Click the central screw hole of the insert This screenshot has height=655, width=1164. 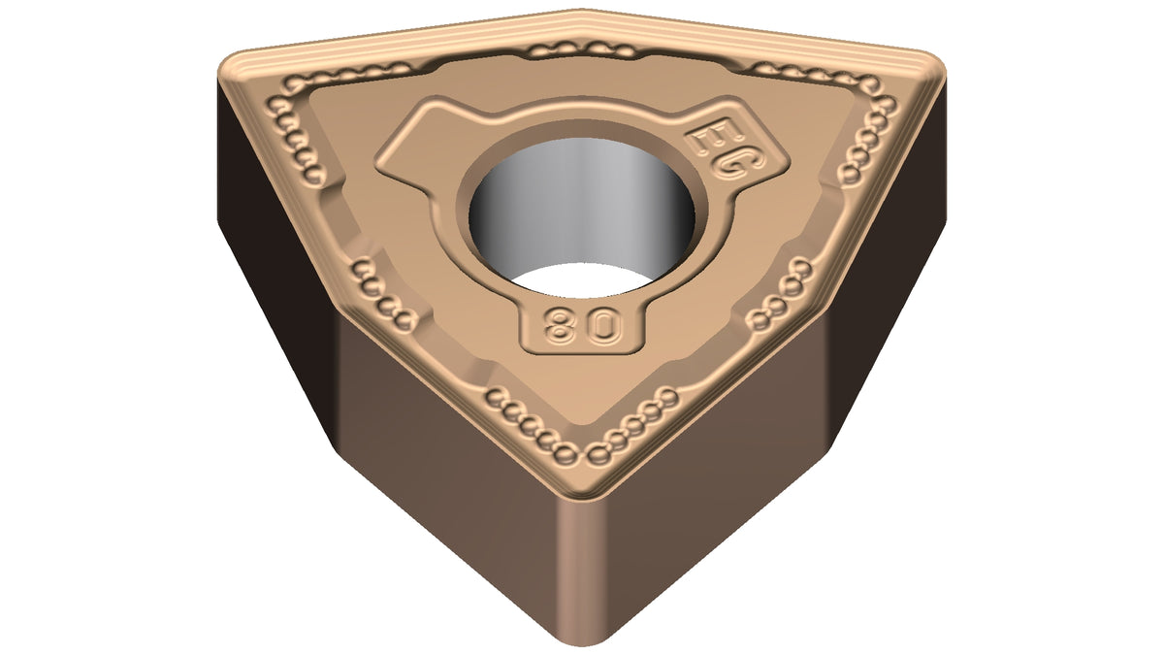click(581, 218)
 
